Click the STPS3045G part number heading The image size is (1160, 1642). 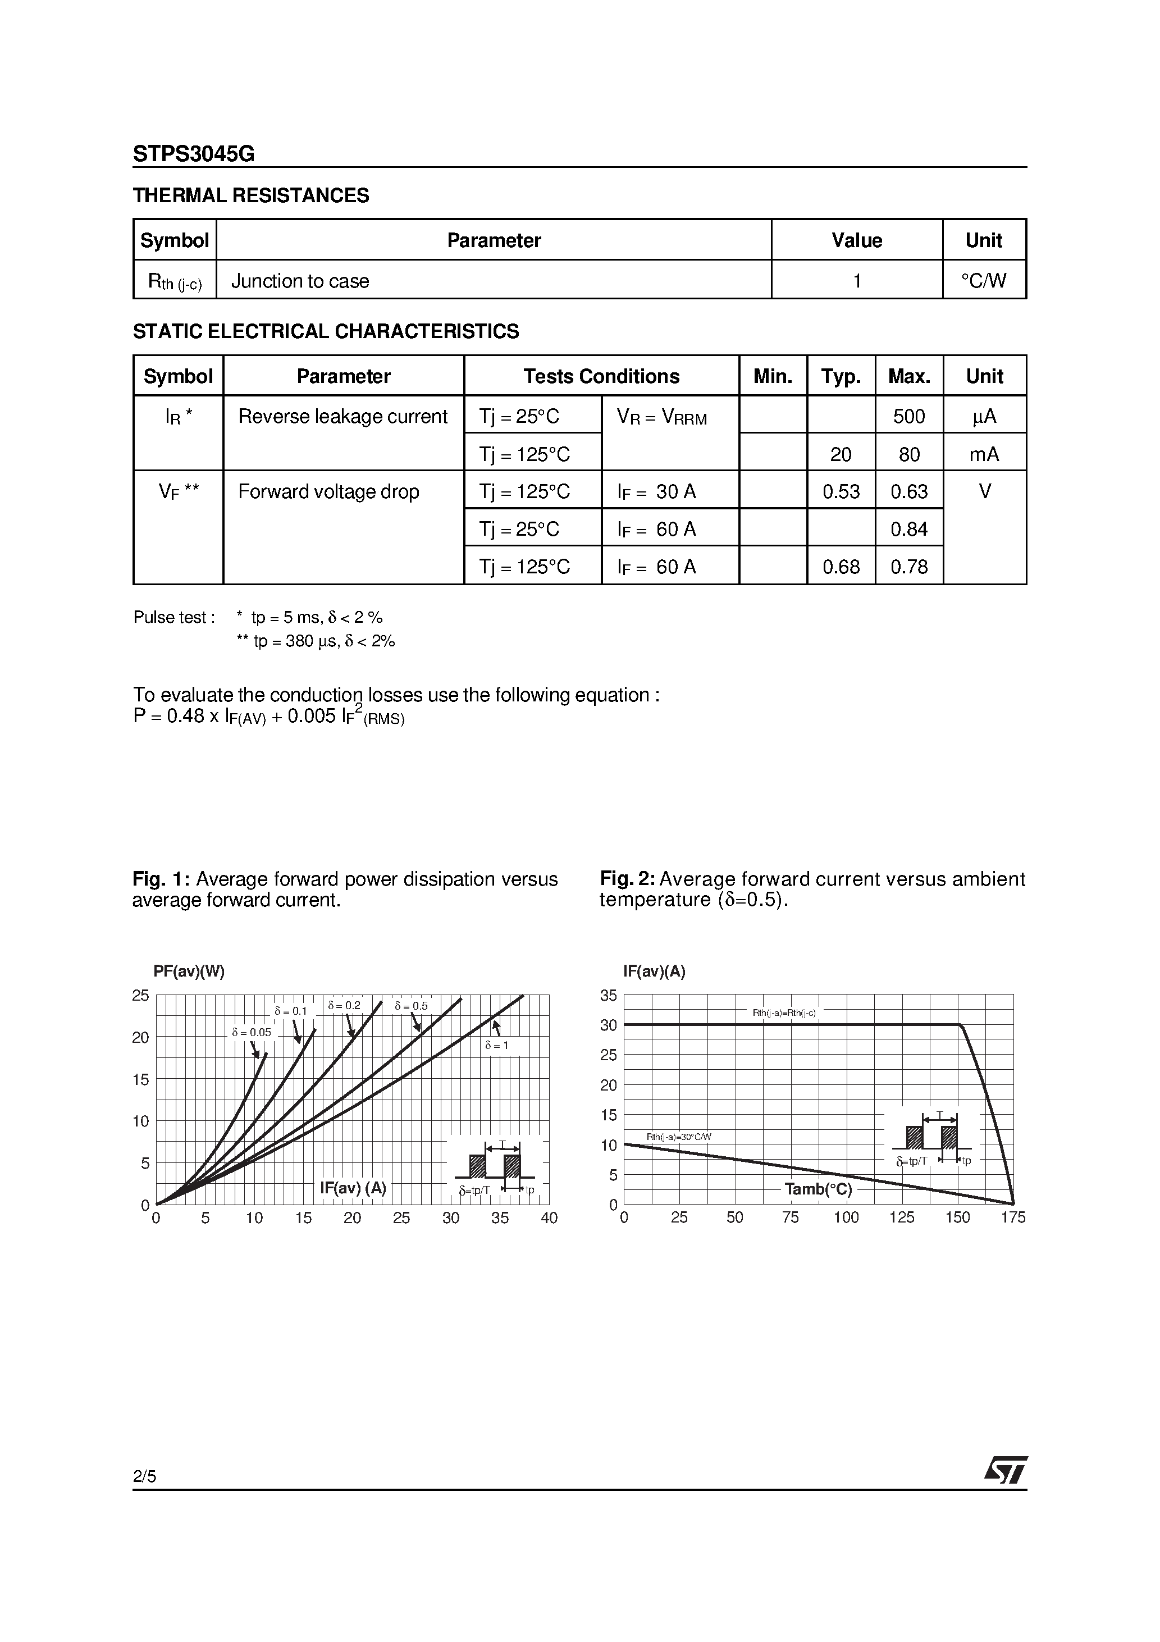point(193,154)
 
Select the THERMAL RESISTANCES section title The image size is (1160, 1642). point(251,195)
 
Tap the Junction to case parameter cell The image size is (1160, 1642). point(300,281)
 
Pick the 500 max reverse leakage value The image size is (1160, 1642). point(908,416)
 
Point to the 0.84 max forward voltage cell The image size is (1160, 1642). point(908,529)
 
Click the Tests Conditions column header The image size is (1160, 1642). point(601,376)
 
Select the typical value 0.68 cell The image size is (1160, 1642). point(841,567)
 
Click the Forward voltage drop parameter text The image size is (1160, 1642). point(328,492)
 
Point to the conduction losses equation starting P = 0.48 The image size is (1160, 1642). point(269,717)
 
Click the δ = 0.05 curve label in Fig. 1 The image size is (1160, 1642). point(251,1033)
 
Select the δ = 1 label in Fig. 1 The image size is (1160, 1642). point(496,1046)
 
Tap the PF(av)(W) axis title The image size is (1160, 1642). point(189,971)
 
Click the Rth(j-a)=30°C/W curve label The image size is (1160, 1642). point(679,1137)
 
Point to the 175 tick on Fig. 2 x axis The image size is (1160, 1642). point(1013,1218)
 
